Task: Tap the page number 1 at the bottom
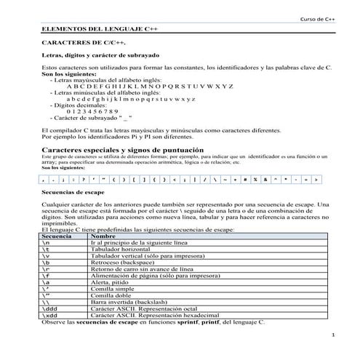[x=332, y=335]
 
